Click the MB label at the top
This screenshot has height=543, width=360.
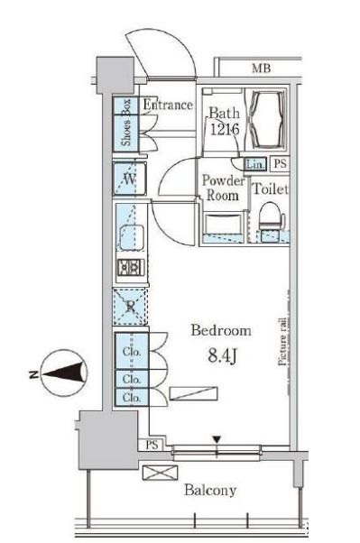pos(261,69)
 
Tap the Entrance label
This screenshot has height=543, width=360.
pos(168,105)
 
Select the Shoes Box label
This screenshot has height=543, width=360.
pos(126,123)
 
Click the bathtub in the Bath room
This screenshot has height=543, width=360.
pos(266,118)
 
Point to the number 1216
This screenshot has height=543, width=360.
pos(225,130)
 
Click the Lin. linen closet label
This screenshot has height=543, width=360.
pos(255,164)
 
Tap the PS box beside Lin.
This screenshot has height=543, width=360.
pos(280,164)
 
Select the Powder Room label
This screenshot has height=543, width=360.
pos(223,188)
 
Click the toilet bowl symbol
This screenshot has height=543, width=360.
pos(272,216)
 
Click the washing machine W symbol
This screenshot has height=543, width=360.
pos(130,179)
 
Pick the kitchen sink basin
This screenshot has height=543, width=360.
pos(132,237)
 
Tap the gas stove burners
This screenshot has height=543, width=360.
pos(130,267)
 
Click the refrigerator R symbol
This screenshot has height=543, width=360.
pos(130,306)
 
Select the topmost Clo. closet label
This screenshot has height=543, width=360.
pos(132,352)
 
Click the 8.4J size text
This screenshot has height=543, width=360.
pos(222,355)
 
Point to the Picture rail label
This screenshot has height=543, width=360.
pos(282,342)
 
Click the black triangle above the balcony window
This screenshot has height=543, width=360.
pos(217,440)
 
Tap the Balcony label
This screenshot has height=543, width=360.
pos(210,490)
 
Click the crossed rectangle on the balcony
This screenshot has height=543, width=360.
pos(160,473)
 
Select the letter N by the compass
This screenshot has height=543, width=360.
pos(33,374)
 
